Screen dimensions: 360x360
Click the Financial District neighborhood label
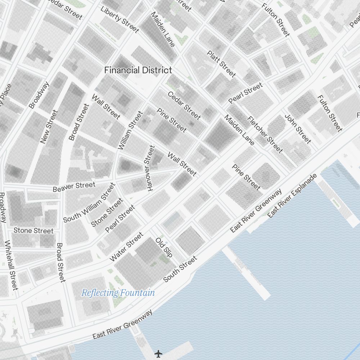pos(138,70)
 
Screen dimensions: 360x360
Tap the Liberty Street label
pos(120,19)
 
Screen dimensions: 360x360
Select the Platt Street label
pos(221,64)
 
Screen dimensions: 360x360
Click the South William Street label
pos(89,203)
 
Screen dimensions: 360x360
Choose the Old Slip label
pos(164,247)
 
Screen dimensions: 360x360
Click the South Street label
pos(180,269)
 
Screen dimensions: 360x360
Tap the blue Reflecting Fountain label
pos(118,293)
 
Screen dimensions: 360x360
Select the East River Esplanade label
pos(293,195)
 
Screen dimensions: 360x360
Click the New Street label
pos(49,127)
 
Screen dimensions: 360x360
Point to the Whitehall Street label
pos(11,265)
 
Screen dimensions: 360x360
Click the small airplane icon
pos(158,354)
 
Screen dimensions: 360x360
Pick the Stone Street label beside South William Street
pos(107,212)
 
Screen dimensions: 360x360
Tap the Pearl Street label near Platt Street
pos(246,93)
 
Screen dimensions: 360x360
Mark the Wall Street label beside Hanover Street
pos(182,165)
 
